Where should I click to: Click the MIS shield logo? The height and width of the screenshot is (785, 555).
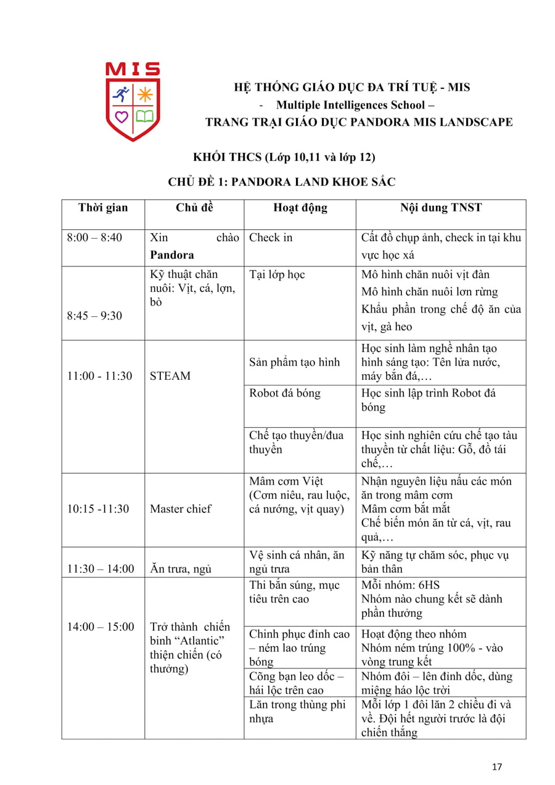point(133,102)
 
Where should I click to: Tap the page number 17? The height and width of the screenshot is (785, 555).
point(497,767)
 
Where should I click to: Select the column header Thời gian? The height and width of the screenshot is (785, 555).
point(103,208)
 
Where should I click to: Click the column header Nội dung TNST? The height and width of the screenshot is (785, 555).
point(440,208)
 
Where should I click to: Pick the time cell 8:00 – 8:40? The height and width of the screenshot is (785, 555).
point(94,238)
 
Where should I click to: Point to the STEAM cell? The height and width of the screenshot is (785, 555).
point(170,376)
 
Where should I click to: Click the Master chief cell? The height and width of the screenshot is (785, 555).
point(180,509)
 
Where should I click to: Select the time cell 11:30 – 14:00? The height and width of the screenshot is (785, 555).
point(101,569)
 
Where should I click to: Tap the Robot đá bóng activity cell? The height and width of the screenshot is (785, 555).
point(284,393)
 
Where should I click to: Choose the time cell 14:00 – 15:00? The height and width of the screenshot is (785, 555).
point(101,627)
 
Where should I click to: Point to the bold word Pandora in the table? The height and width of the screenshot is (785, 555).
point(172,255)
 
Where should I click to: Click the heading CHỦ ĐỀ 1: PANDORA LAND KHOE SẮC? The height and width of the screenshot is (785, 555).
point(281,182)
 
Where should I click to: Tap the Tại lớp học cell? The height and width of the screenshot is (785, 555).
point(277,274)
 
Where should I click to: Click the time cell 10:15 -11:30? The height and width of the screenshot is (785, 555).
point(98,509)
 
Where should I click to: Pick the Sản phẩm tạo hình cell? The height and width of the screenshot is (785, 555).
point(294,362)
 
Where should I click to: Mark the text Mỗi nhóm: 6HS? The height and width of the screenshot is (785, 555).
point(400,585)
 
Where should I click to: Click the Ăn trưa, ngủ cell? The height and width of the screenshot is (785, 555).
point(181,569)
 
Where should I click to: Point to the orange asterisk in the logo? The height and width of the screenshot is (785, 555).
point(145,94)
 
